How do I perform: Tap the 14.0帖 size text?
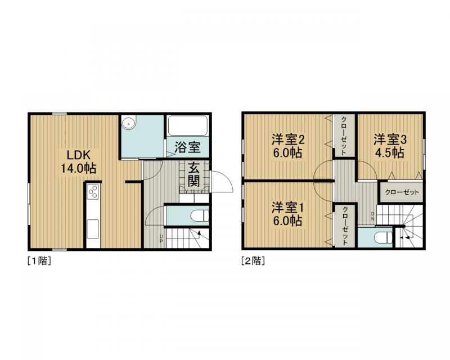pos(78,168)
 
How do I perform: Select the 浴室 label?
pos(188,147)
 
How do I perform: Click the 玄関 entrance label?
pos(193,174)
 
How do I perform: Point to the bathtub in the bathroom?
pos(188,125)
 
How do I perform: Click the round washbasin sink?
pos(128,123)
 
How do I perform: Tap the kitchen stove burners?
pos(93,191)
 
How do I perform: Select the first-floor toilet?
pos(200,215)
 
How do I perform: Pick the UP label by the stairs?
pos(161,238)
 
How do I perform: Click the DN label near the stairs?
pos(372,216)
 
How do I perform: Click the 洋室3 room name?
pos(390,140)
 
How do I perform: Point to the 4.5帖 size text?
pos(390,153)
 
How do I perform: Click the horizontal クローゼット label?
pos(402,192)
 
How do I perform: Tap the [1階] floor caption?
pos(39,261)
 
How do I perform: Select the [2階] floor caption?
pos(253,261)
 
